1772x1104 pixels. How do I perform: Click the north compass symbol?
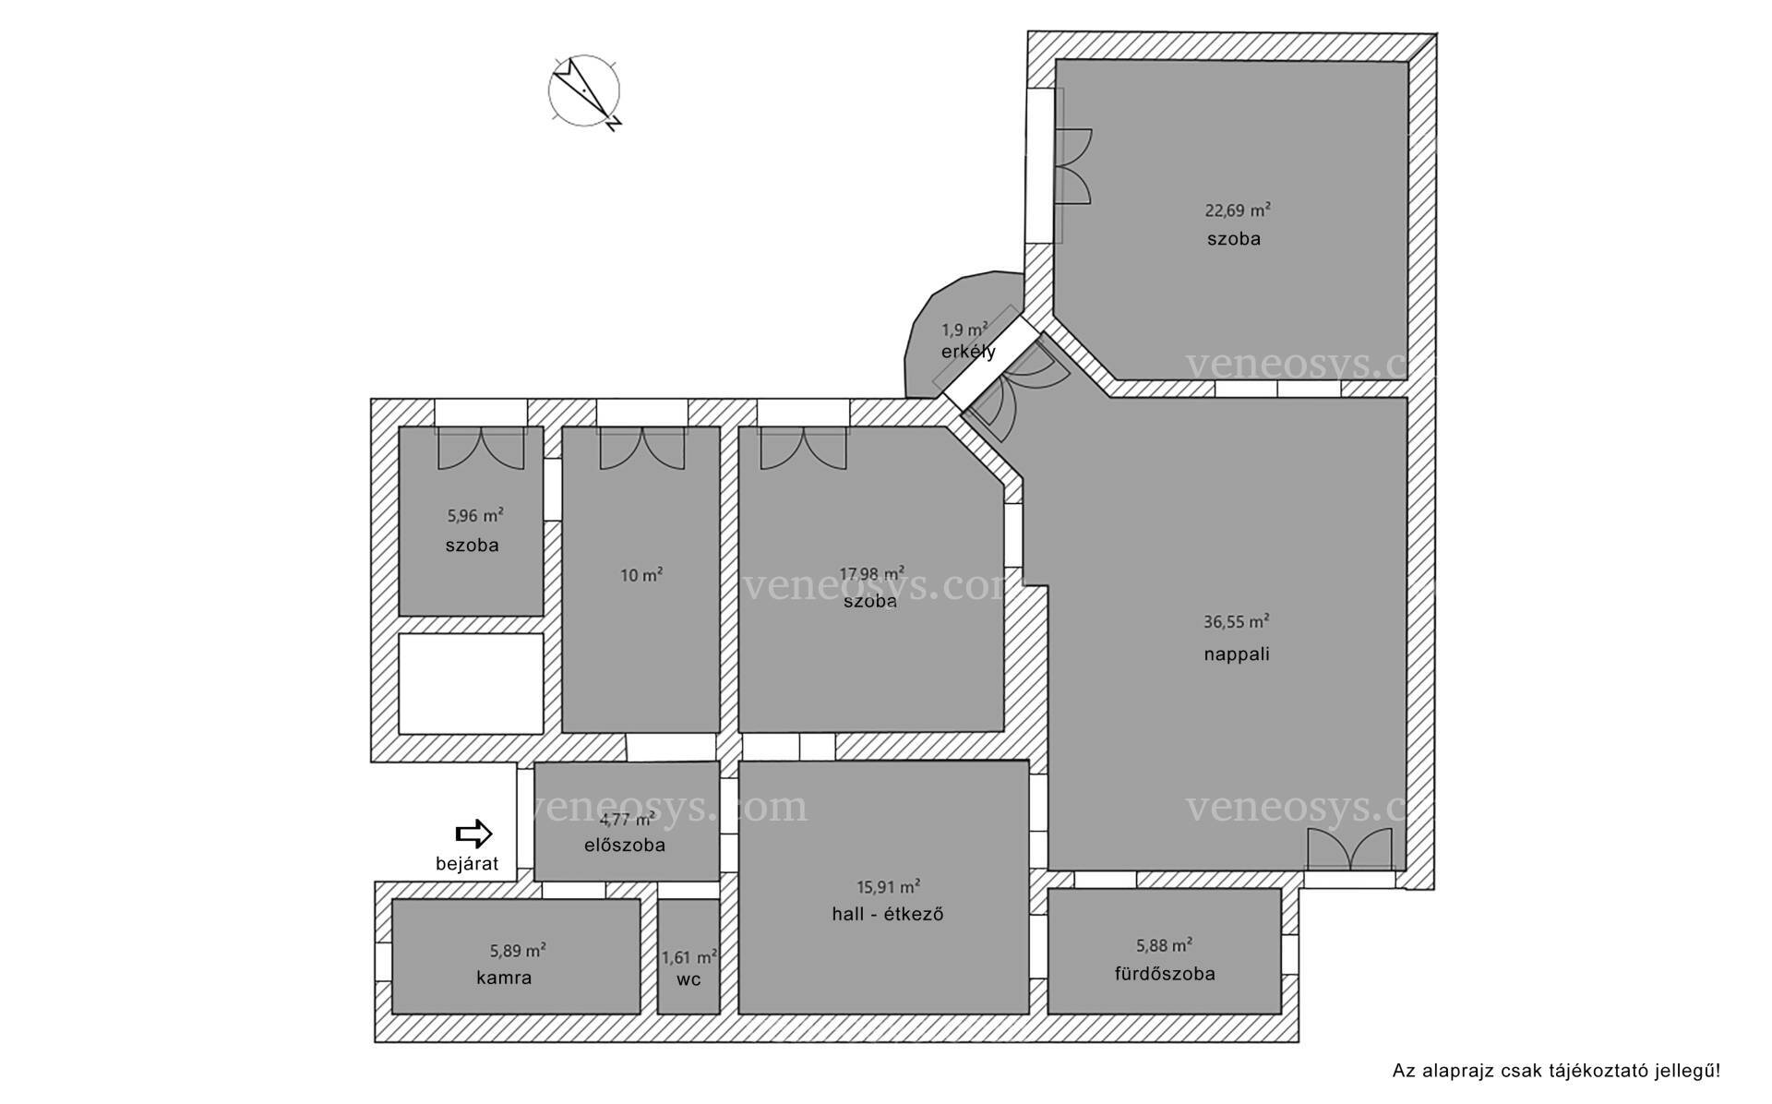click(584, 92)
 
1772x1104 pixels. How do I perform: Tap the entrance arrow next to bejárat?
click(473, 834)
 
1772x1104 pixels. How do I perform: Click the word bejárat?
click(467, 864)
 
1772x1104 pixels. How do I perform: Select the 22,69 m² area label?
click(1238, 210)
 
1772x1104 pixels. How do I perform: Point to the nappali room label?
click(1237, 654)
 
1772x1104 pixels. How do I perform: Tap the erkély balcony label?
click(968, 352)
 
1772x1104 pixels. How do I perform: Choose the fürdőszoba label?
click(1165, 974)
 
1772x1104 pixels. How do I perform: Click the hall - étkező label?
click(887, 915)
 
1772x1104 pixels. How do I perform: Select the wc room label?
click(688, 979)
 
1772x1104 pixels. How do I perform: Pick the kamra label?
click(504, 978)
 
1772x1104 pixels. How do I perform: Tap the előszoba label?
click(625, 845)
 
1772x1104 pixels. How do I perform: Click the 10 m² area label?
click(641, 575)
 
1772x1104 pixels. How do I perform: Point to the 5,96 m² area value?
click(475, 516)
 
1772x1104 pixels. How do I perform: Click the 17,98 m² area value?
click(871, 573)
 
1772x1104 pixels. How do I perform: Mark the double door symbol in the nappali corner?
click(1348, 849)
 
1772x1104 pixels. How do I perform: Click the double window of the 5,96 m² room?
click(480, 448)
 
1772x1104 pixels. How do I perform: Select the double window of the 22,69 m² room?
click(1072, 166)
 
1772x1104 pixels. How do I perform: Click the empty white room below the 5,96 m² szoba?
click(471, 683)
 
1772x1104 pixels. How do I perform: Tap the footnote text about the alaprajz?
click(1556, 1072)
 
